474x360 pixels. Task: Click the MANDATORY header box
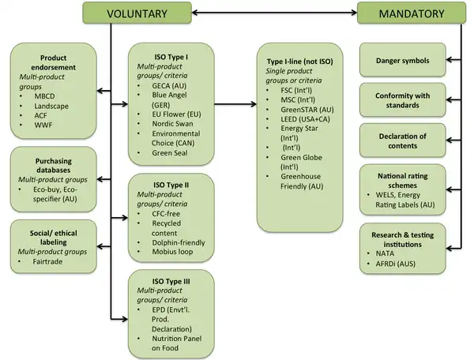(x=410, y=13)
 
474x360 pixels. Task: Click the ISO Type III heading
(x=160, y=281)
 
